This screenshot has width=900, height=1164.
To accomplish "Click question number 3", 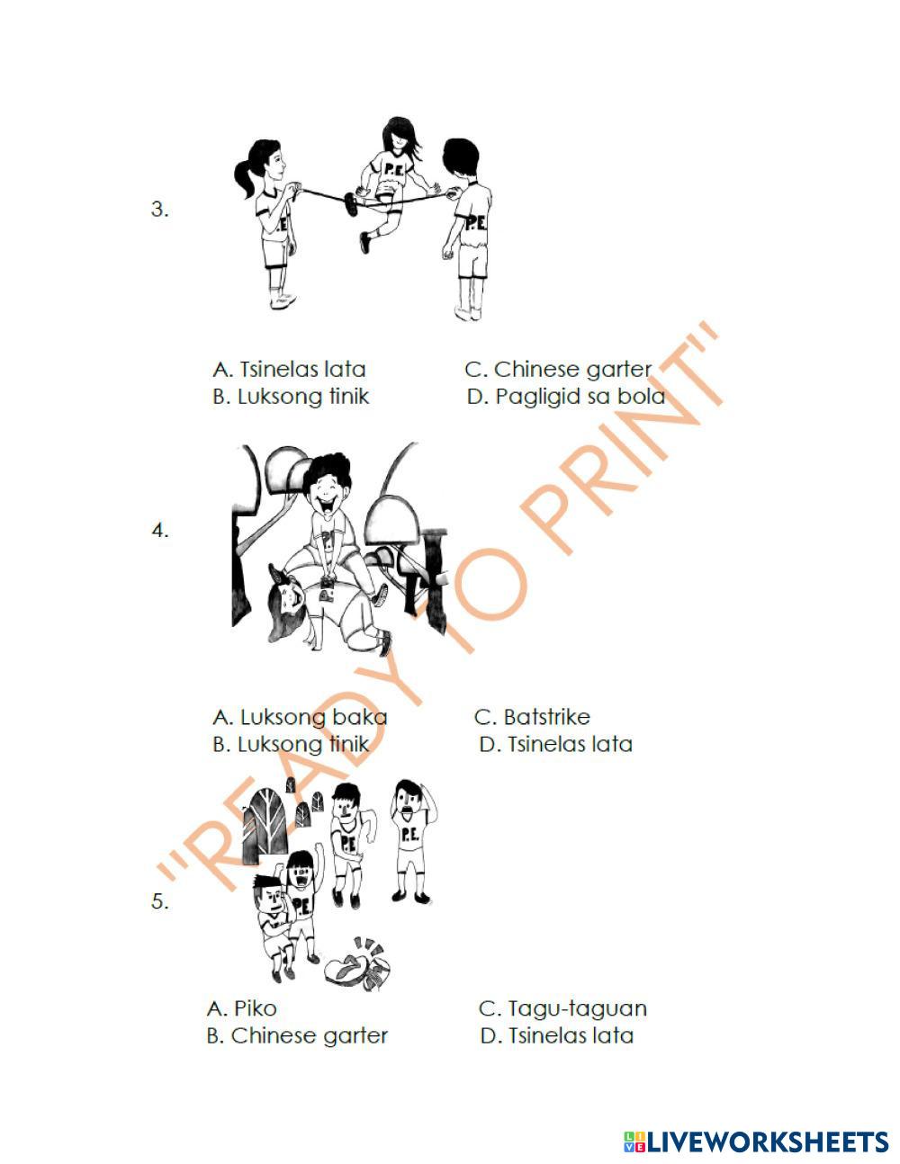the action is point(159,209).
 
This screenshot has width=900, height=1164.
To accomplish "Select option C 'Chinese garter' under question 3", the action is point(558,370).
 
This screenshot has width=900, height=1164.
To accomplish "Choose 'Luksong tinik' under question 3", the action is point(291,397).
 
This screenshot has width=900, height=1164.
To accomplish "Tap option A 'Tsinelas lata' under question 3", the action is point(289,370).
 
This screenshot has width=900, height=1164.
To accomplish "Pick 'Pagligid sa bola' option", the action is point(566,397).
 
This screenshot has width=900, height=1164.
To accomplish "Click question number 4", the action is point(160,531).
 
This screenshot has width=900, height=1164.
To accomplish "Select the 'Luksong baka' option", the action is point(300,717).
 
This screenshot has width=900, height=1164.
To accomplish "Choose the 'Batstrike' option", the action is point(532,717).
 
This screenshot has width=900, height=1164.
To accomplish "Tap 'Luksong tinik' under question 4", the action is point(291,745).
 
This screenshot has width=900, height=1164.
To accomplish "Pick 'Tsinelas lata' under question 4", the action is point(555,745).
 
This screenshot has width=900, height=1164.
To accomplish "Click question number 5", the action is point(159,901).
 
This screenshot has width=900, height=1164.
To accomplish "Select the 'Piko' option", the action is point(241,1008).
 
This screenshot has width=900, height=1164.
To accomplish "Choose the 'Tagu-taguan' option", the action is point(562,1009).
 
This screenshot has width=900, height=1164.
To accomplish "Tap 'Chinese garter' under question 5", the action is point(297,1036).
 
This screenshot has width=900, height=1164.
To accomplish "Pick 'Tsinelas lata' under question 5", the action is point(557,1036).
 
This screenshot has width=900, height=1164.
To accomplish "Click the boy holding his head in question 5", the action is point(411,842).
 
